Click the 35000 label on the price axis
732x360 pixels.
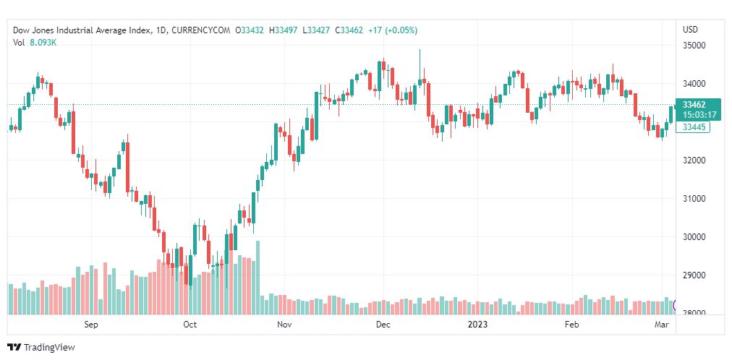[694, 46]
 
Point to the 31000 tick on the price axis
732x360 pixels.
[694, 199]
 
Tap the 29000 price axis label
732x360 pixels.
[694, 275]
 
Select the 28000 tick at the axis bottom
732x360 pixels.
[694, 314]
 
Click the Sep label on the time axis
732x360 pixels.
[90, 325]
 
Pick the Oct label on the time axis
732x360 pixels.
[190, 325]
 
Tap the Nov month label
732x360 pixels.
[284, 325]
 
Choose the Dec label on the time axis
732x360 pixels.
[383, 325]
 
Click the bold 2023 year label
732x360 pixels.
[478, 325]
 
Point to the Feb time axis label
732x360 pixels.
[572, 325]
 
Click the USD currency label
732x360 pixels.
[691, 30]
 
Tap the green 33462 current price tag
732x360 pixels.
[694, 104]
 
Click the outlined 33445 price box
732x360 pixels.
[694, 127]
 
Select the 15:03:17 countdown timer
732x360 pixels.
[699, 114]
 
